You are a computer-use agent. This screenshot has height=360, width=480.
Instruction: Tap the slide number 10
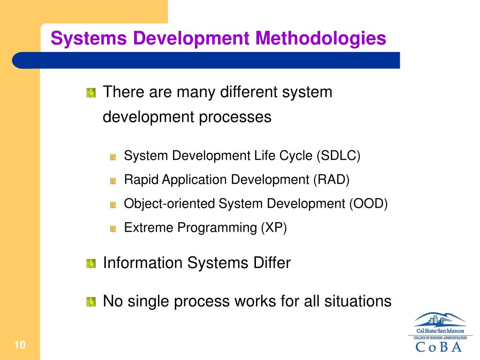pyautogui.click(x=19, y=346)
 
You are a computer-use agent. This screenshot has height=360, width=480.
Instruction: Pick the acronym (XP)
pyautogui.click(x=274, y=228)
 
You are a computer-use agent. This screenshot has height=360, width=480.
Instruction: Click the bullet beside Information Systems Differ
pyautogui.click(x=91, y=263)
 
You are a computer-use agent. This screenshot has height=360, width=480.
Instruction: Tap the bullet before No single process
pyautogui.click(x=91, y=301)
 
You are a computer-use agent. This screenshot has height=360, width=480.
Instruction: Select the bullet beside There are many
pyautogui.click(x=91, y=93)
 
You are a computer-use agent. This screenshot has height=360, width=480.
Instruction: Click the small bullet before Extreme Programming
pyautogui.click(x=113, y=229)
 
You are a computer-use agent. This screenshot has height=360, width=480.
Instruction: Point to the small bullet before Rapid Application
pyautogui.click(x=113, y=181)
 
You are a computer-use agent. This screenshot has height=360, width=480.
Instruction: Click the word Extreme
pyautogui.click(x=143, y=228)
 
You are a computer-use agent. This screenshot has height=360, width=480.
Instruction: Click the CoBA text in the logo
pyautogui.click(x=439, y=347)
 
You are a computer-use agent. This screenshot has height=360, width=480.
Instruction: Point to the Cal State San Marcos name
pyautogui.click(x=440, y=331)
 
